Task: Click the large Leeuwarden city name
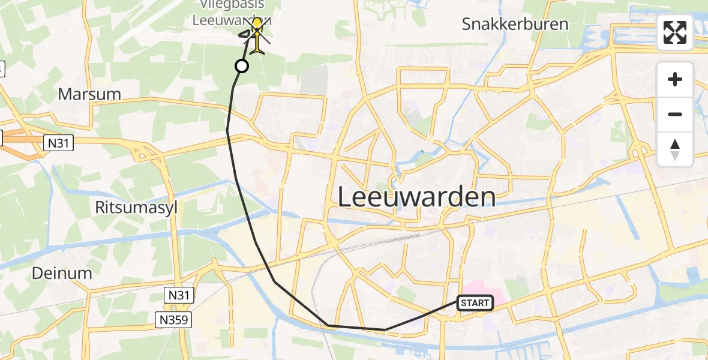[416, 197]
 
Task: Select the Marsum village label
[89, 94]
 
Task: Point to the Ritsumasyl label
[128, 208]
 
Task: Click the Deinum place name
[62, 274]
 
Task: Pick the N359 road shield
[174, 320]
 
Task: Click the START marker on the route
[475, 303]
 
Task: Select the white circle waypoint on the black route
[241, 66]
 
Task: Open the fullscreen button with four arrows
[675, 32]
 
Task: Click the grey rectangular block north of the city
[314, 79]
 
